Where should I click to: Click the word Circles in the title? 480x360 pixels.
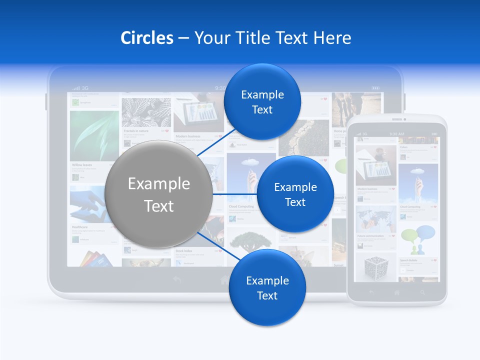(146, 38)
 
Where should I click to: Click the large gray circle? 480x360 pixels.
(158, 194)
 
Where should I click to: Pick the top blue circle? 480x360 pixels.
(262, 101)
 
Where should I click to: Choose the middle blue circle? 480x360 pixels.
(295, 194)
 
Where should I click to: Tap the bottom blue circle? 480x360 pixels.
(267, 287)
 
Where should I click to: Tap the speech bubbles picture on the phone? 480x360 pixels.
(418, 239)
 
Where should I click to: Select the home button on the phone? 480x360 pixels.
(397, 292)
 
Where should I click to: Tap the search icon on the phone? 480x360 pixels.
(422, 292)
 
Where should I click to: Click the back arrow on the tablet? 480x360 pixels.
(177, 280)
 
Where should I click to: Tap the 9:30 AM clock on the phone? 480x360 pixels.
(397, 134)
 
